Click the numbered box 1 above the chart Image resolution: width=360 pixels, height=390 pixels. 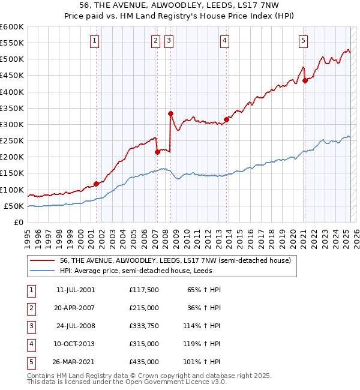(x=95, y=41)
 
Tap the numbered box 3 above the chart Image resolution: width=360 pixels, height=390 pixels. (x=169, y=41)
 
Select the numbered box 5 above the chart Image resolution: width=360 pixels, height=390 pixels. (x=303, y=41)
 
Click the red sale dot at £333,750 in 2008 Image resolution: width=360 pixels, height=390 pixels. (x=171, y=113)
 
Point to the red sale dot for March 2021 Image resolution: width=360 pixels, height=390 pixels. (x=305, y=80)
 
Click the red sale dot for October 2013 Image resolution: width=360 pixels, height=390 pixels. (x=226, y=119)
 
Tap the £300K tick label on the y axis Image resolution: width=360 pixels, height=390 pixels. (x=12, y=124)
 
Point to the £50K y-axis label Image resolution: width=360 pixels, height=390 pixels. (x=14, y=206)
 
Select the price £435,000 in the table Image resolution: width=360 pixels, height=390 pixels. (x=143, y=362)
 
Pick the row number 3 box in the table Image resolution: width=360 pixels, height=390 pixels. (x=31, y=326)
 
